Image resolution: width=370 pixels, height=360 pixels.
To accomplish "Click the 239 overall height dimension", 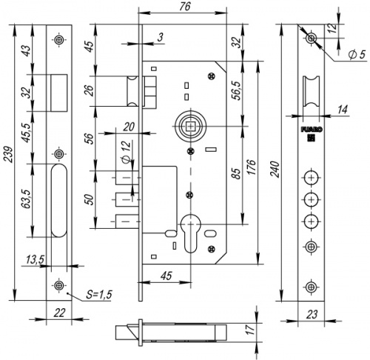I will click(8, 156).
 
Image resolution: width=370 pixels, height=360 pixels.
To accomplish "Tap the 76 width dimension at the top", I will click(175, 7).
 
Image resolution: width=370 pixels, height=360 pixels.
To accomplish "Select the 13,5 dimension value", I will click(34, 259).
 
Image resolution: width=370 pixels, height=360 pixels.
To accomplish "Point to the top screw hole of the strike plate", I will click(58, 40).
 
